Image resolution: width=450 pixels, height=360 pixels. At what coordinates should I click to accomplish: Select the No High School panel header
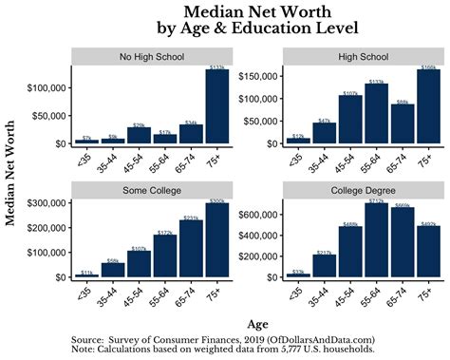pos(151,55)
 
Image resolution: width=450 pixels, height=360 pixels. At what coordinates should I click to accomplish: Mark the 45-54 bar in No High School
pos(139,136)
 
